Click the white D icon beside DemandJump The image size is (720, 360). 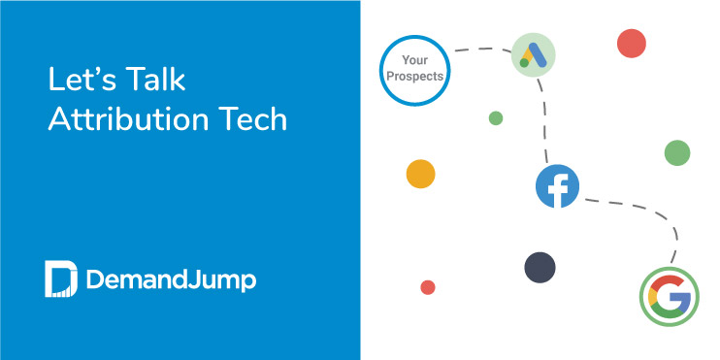coord(59,278)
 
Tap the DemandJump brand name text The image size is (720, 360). coord(171,280)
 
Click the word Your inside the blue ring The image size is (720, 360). coord(415,60)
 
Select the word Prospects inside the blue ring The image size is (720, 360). coord(415,76)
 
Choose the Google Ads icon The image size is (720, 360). coord(533,54)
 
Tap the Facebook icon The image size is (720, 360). coord(557,186)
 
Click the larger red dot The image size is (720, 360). coord(632,44)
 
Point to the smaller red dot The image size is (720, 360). coord(427,287)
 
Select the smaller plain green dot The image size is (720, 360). coord(496,118)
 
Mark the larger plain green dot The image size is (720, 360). coord(676,152)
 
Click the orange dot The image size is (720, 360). coord(420,174)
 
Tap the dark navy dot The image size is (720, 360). coord(540,267)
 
